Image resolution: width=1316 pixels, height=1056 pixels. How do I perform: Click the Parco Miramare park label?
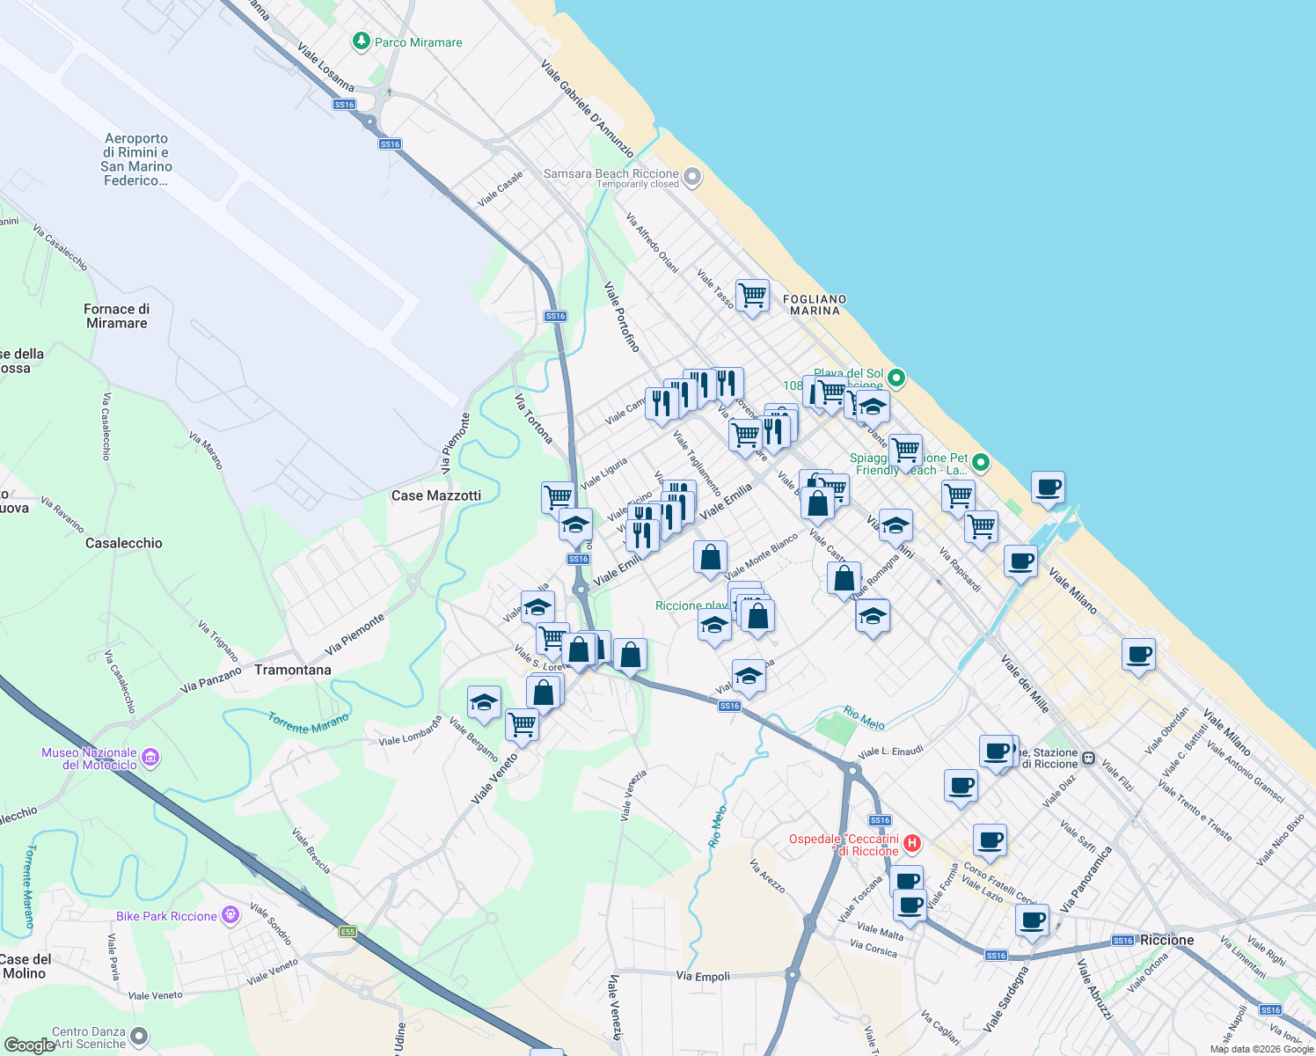tap(418, 42)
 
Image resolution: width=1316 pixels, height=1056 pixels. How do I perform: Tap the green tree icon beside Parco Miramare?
tap(361, 41)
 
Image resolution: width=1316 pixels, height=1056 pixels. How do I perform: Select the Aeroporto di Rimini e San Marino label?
tap(136, 159)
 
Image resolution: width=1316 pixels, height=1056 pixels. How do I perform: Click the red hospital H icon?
tap(912, 843)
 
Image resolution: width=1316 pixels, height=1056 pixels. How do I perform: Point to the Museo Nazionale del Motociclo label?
tap(89, 759)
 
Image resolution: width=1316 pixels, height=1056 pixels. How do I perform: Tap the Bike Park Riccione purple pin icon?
tap(230, 915)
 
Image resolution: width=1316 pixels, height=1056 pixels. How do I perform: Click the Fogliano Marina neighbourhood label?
tap(815, 304)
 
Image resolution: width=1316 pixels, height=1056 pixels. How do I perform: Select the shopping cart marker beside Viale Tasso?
tap(752, 296)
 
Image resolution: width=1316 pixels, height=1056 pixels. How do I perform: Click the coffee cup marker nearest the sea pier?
tap(1048, 488)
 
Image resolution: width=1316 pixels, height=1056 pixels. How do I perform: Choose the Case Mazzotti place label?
tap(436, 495)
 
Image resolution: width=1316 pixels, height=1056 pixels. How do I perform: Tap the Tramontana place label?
tap(293, 670)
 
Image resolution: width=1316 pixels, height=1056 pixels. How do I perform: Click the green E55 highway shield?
tap(349, 931)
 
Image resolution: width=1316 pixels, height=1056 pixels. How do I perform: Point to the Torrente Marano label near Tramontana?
tap(308, 723)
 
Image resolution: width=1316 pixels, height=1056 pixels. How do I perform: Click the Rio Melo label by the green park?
tap(864, 717)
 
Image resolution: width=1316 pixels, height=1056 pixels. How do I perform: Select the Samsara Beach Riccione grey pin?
tap(692, 177)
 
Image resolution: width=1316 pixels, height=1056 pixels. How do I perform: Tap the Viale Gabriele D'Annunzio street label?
tap(587, 107)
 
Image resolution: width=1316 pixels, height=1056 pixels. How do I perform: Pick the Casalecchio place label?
tap(124, 543)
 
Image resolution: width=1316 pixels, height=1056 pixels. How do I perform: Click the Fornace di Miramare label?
tap(117, 316)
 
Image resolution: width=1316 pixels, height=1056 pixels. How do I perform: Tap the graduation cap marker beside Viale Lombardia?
tap(484, 702)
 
